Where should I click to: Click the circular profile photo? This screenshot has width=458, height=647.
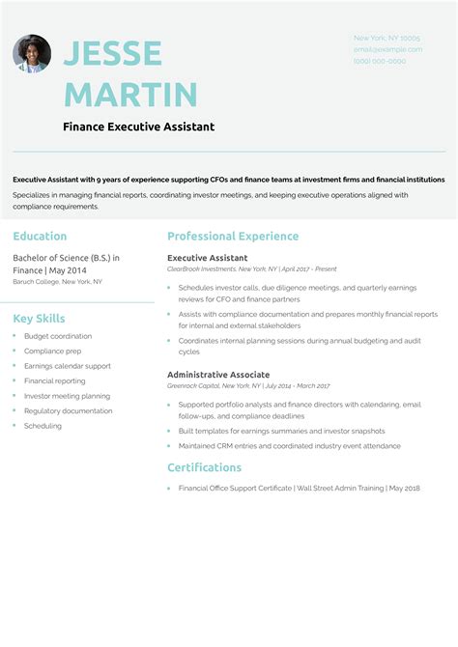[32, 54]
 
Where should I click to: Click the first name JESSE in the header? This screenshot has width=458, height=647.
[112, 54]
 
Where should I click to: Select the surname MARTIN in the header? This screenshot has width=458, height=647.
[130, 95]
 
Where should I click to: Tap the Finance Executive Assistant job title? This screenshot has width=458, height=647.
[138, 127]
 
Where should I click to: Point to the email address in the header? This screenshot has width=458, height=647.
[387, 48]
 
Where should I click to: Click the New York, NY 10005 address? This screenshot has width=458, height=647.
[386, 37]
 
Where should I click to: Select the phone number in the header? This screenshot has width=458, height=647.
[380, 61]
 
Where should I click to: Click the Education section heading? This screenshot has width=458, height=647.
[40, 236]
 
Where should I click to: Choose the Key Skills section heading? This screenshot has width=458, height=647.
[40, 319]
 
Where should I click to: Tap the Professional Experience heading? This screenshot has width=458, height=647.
[233, 236]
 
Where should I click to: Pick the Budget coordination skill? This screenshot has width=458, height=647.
[58, 336]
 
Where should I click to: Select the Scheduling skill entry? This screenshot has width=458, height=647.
[43, 426]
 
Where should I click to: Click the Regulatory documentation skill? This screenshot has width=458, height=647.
[69, 410]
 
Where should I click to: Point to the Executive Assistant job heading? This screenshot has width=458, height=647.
[207, 258]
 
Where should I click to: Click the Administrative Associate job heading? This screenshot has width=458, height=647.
[217, 374]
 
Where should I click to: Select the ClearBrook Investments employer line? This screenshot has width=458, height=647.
[251, 269]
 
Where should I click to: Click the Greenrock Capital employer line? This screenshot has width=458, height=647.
[247, 385]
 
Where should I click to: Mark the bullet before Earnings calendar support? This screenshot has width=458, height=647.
[15, 366]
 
